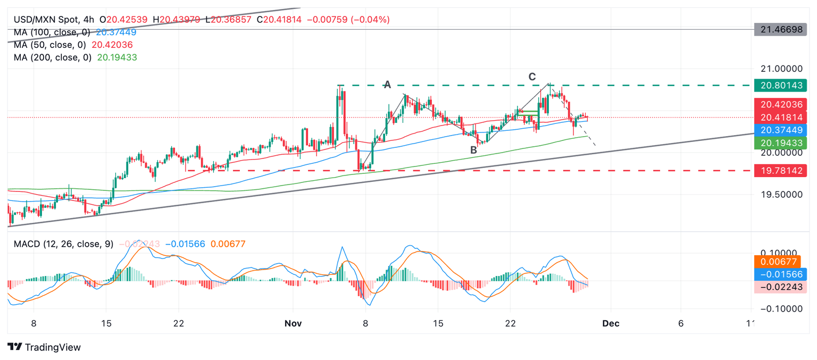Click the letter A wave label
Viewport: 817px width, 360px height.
[x=388, y=84]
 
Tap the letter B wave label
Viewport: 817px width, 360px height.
[x=473, y=150]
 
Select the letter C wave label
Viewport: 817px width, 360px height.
[x=532, y=77]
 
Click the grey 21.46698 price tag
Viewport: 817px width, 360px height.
[x=781, y=30]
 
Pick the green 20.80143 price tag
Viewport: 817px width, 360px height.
[x=781, y=85]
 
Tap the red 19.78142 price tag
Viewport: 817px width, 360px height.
[x=781, y=170]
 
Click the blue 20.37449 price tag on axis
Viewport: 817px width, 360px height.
[x=781, y=130]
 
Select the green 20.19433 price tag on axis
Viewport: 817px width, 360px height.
[x=781, y=143]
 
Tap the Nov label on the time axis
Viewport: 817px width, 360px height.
[x=294, y=323]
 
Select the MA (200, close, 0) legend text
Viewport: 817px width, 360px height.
[x=53, y=57]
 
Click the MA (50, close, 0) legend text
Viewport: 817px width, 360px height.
[x=50, y=45]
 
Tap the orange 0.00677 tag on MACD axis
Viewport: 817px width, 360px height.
[x=781, y=261]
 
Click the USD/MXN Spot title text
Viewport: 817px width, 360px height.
[x=45, y=20]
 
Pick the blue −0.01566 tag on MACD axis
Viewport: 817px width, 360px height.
[x=781, y=274]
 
